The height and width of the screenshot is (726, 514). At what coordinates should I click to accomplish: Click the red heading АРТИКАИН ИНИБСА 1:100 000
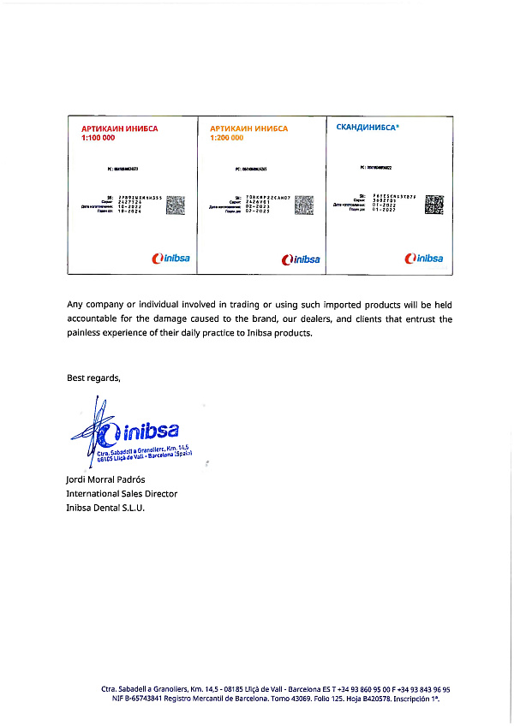(x=119, y=133)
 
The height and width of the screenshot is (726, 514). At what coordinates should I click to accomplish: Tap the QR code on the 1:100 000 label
(x=175, y=205)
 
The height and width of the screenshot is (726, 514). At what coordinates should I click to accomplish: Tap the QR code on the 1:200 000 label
(x=304, y=205)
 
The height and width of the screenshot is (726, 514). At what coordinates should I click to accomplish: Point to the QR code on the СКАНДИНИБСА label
(x=434, y=204)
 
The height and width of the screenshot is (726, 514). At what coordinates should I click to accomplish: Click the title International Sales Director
(x=122, y=493)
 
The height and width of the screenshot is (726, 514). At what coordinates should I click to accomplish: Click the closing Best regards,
(x=93, y=378)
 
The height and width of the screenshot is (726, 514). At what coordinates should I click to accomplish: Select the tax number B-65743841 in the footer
(x=140, y=699)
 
